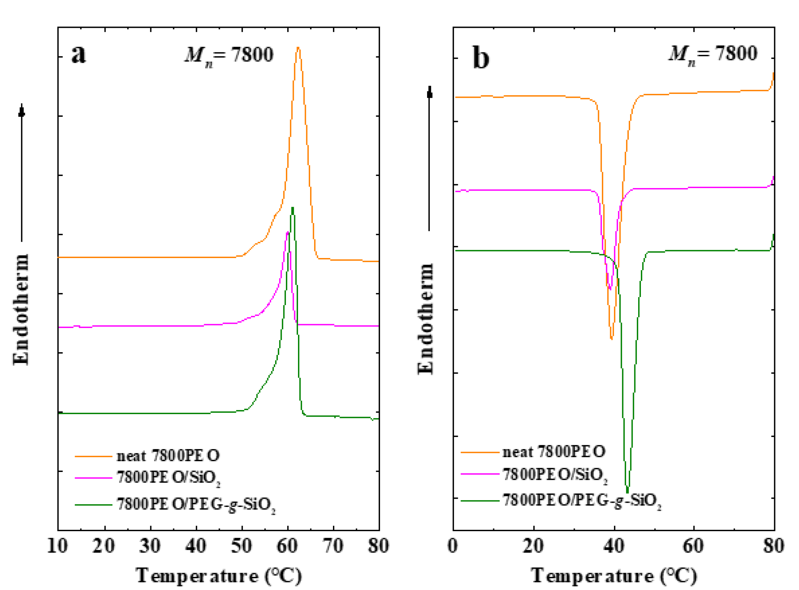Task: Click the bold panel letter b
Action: (481, 58)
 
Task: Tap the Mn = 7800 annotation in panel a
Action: (229, 55)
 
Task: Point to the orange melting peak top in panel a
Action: (298, 48)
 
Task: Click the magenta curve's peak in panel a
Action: (288, 233)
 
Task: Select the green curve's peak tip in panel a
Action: (292, 208)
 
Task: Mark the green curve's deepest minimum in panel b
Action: (628, 492)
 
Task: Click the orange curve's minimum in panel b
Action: (612, 338)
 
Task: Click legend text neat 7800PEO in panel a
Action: (168, 456)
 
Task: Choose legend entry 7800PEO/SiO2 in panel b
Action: (555, 475)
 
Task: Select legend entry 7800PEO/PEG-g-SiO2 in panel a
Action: (196, 505)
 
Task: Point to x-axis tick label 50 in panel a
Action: (241, 546)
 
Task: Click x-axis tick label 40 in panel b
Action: (614, 546)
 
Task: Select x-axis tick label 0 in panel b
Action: (453, 546)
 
